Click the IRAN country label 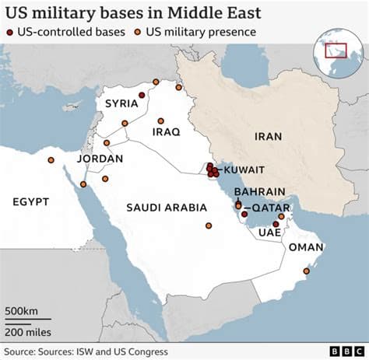[267, 136]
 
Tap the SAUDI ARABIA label [167, 208]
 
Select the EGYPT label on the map [31, 201]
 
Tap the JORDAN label [100, 159]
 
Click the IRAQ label [166, 131]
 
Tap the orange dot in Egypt [51, 160]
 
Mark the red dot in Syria [142, 95]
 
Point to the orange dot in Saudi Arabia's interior [208, 226]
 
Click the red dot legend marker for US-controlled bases [9, 32]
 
